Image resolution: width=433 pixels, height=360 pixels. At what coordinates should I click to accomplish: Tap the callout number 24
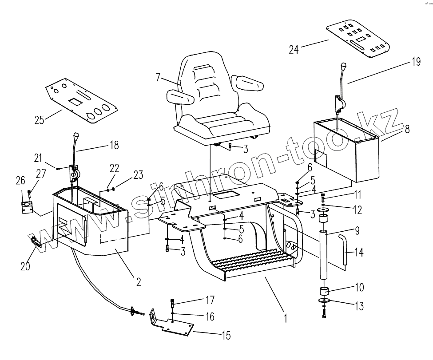pyautogui.click(x=294, y=49)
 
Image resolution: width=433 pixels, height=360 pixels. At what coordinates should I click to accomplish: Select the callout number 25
pyautogui.click(x=40, y=120)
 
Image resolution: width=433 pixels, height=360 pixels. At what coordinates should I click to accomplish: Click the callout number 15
pyautogui.click(x=226, y=335)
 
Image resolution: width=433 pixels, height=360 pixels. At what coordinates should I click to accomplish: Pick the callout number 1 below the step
pyautogui.click(x=286, y=318)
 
